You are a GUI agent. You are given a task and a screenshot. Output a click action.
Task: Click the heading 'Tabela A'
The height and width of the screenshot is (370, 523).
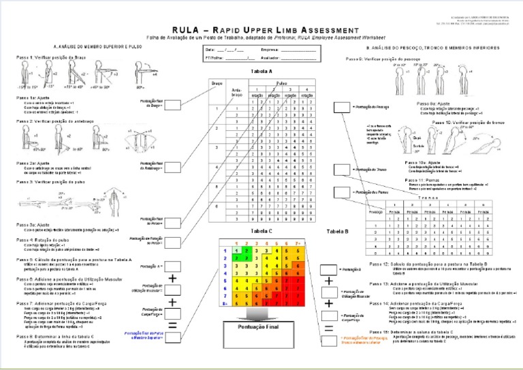click(x=261, y=71)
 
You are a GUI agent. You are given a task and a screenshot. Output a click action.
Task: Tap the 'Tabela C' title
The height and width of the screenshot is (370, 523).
click(x=261, y=231)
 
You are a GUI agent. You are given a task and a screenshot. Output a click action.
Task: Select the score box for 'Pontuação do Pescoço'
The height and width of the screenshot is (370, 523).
click(x=340, y=107)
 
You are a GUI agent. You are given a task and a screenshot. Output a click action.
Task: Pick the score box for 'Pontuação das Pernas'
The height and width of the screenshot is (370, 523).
click(x=340, y=194)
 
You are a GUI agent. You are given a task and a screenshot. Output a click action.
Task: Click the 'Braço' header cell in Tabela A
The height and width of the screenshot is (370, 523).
click(x=217, y=82)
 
